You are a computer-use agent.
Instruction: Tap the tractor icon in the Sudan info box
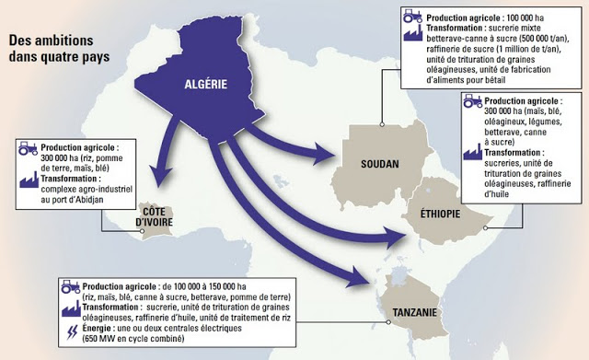coord(410,17)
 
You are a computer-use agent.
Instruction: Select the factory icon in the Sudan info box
coord(410,29)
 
